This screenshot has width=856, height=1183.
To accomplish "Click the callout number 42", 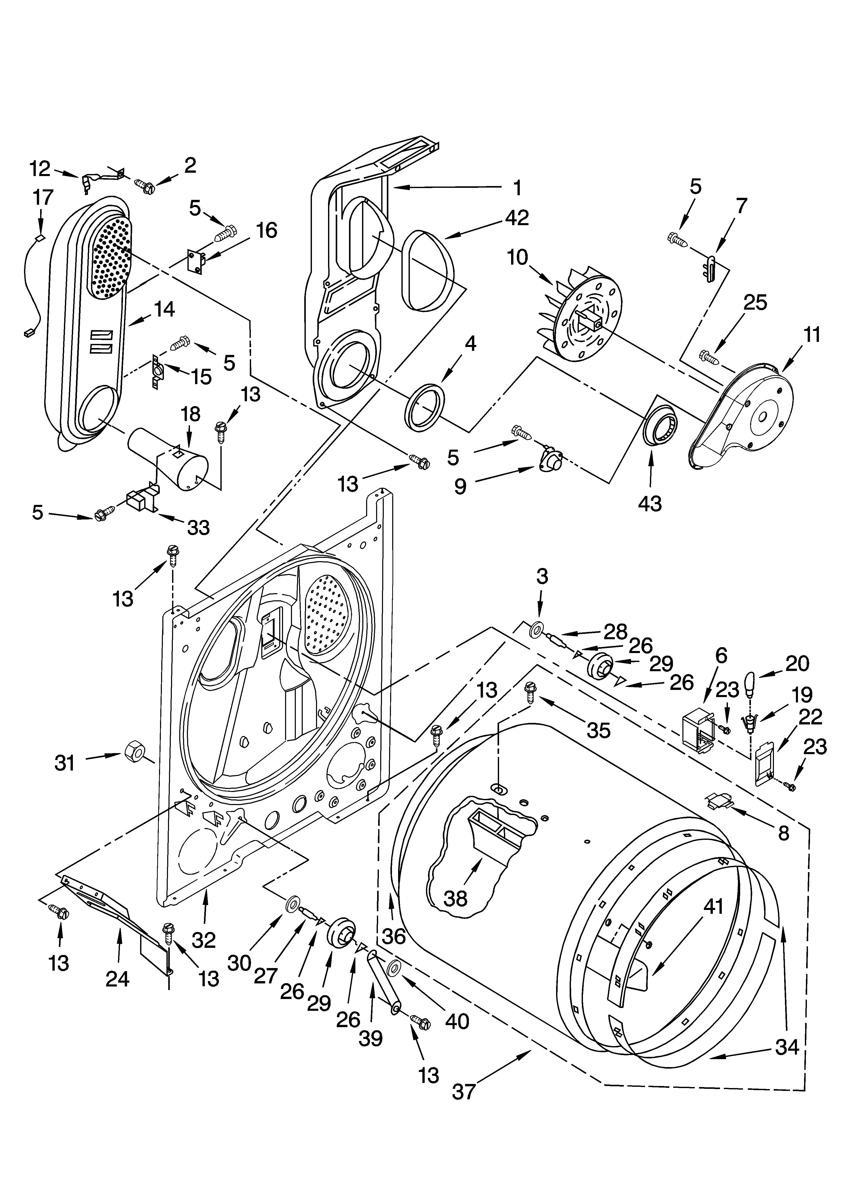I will coord(516,218).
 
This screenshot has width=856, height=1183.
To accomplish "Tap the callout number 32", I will coord(203,940).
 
